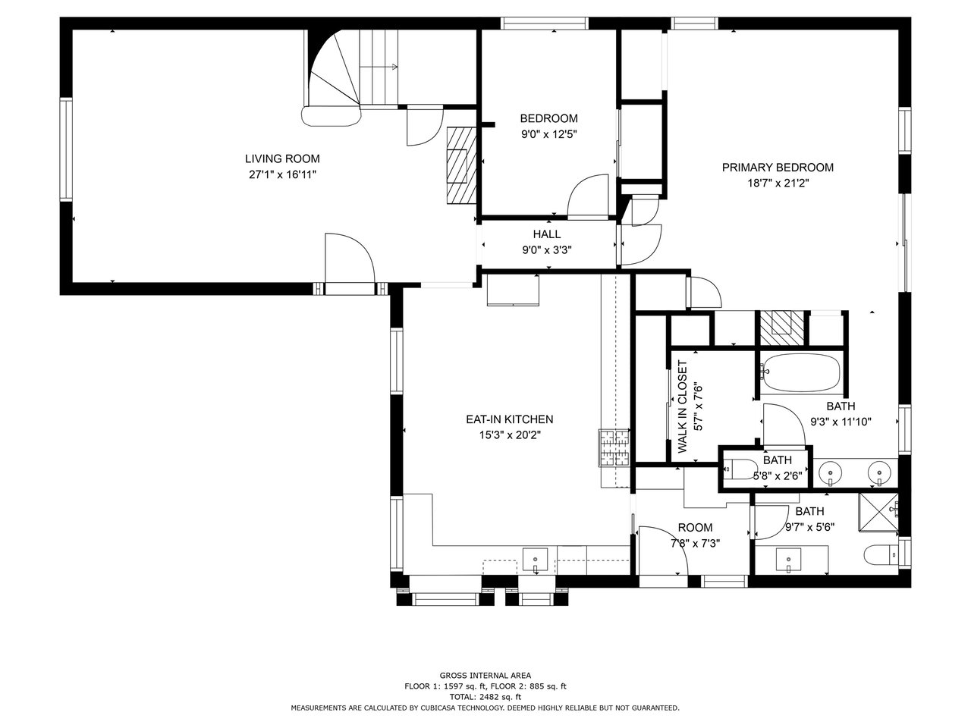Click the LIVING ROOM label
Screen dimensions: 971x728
pyautogui.click(x=282, y=158)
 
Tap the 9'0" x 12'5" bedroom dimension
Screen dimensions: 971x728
pyautogui.click(x=549, y=134)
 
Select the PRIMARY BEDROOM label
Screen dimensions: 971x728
pyautogui.click(x=778, y=168)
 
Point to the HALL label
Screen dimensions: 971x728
pyautogui.click(x=547, y=234)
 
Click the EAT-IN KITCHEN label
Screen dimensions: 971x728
pyautogui.click(x=510, y=419)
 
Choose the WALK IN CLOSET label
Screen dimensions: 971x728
pyautogui.click(x=683, y=406)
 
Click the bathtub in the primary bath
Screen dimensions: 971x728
pyautogui.click(x=802, y=373)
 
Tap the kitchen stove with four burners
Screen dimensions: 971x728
pyautogui.click(x=614, y=447)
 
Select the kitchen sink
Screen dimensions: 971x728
pyautogui.click(x=536, y=560)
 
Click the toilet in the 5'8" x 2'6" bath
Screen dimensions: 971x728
pyautogui.click(x=741, y=469)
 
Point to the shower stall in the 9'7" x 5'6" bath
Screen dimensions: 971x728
pyautogui.click(x=878, y=512)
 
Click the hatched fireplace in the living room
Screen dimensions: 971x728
pyautogui.click(x=461, y=165)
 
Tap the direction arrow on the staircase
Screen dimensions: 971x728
pyautogui.click(x=379, y=67)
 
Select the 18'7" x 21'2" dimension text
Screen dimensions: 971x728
pyautogui.click(x=778, y=183)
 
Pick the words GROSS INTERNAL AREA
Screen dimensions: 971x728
pyautogui.click(x=485, y=676)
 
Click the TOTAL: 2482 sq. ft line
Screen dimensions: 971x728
pyautogui.click(x=485, y=697)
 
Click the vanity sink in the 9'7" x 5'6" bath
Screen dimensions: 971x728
pyautogui.click(x=788, y=560)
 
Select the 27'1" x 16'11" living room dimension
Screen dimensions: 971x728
pyautogui.click(x=283, y=174)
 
